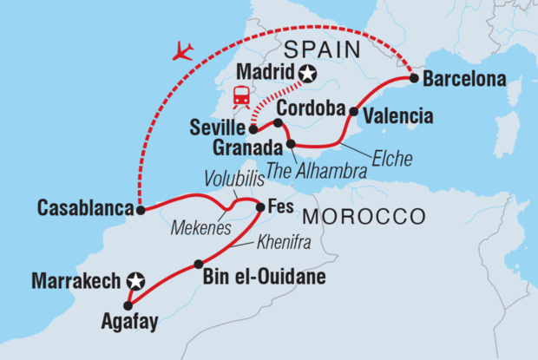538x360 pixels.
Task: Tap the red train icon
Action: [239, 95]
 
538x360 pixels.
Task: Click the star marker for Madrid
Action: [306, 75]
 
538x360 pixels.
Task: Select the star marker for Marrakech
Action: [134, 281]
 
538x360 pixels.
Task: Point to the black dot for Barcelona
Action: [415, 79]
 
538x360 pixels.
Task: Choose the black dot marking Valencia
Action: [354, 111]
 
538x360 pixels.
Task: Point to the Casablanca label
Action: [83, 208]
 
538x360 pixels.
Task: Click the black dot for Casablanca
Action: [139, 209]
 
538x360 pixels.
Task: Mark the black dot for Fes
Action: [260, 206]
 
